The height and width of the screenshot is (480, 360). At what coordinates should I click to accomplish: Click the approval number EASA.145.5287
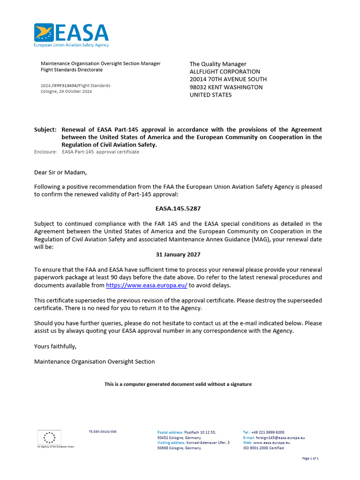pos(178,208)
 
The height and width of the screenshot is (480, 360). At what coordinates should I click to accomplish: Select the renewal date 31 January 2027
pos(178,255)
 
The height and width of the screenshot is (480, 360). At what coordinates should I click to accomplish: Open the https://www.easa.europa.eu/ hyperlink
pos(147,285)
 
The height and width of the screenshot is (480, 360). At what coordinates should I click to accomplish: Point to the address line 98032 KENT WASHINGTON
pos(226,87)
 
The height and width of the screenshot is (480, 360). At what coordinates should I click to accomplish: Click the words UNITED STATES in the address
pos(210,95)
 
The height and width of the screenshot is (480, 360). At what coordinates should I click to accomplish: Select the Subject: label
pos(45,129)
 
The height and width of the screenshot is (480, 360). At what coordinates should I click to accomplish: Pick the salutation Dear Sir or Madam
pos(60,172)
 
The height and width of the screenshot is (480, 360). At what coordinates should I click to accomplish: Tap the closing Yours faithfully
pos(55,346)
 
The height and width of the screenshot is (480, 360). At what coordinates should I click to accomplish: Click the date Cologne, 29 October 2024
pos(67,91)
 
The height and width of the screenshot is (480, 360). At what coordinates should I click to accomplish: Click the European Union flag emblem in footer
pos(49,437)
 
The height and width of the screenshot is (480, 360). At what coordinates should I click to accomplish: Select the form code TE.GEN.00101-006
pos(103,431)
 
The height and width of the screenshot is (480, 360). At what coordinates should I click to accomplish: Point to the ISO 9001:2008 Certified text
pos(263,448)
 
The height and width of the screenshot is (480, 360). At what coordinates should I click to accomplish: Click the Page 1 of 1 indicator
pos(311,458)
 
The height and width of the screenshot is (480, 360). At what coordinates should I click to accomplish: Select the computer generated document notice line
pos(178,384)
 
